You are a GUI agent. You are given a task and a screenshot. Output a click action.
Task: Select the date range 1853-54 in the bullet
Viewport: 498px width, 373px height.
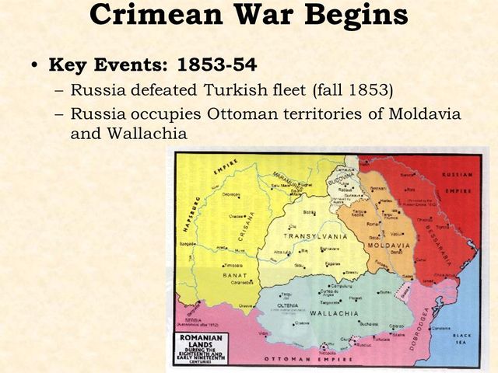226,64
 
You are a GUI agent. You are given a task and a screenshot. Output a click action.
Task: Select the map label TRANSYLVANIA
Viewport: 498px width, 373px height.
315,235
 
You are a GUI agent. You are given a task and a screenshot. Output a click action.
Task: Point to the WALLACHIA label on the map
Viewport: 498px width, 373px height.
334,313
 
